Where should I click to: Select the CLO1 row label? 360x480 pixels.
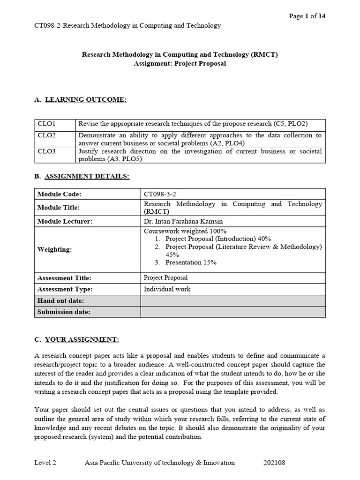coord(46,124)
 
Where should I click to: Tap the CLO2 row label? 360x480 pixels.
coord(46,135)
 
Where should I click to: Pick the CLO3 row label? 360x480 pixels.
coord(46,151)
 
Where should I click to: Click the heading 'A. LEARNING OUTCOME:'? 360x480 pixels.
coord(80,99)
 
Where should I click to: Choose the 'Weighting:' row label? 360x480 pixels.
coord(54,249)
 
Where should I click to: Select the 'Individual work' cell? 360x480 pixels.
coord(167,289)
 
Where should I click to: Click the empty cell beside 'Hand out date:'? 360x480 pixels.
coord(232,300)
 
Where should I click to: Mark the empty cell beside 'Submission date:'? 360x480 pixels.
coord(232,312)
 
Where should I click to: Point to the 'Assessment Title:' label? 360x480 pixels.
coord(64,278)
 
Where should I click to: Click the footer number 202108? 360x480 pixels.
coord(274,463)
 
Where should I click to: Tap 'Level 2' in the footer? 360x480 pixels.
coord(45,463)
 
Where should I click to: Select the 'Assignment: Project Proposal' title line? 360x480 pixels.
coord(180,63)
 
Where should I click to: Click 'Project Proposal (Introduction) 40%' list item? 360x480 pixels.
coord(218,239)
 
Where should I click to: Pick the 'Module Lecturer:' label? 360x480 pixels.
coord(65,221)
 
